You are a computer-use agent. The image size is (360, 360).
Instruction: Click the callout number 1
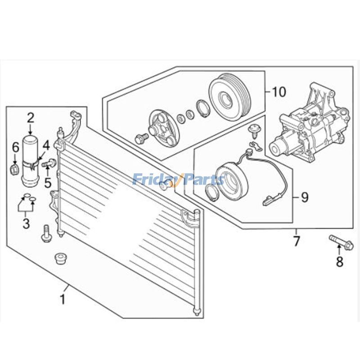tap(63, 299)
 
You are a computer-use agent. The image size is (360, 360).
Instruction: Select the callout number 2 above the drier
tap(31, 118)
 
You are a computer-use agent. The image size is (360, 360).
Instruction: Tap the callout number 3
tap(26, 223)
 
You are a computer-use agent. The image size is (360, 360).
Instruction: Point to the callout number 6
tap(15, 148)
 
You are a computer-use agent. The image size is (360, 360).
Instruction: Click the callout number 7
tap(297, 241)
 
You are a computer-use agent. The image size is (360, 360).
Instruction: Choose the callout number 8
tap(340, 261)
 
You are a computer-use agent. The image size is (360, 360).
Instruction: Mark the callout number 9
tap(305, 197)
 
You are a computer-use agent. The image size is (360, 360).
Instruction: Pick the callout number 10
tap(279, 92)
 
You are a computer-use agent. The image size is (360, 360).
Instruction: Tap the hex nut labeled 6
tap(14, 170)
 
